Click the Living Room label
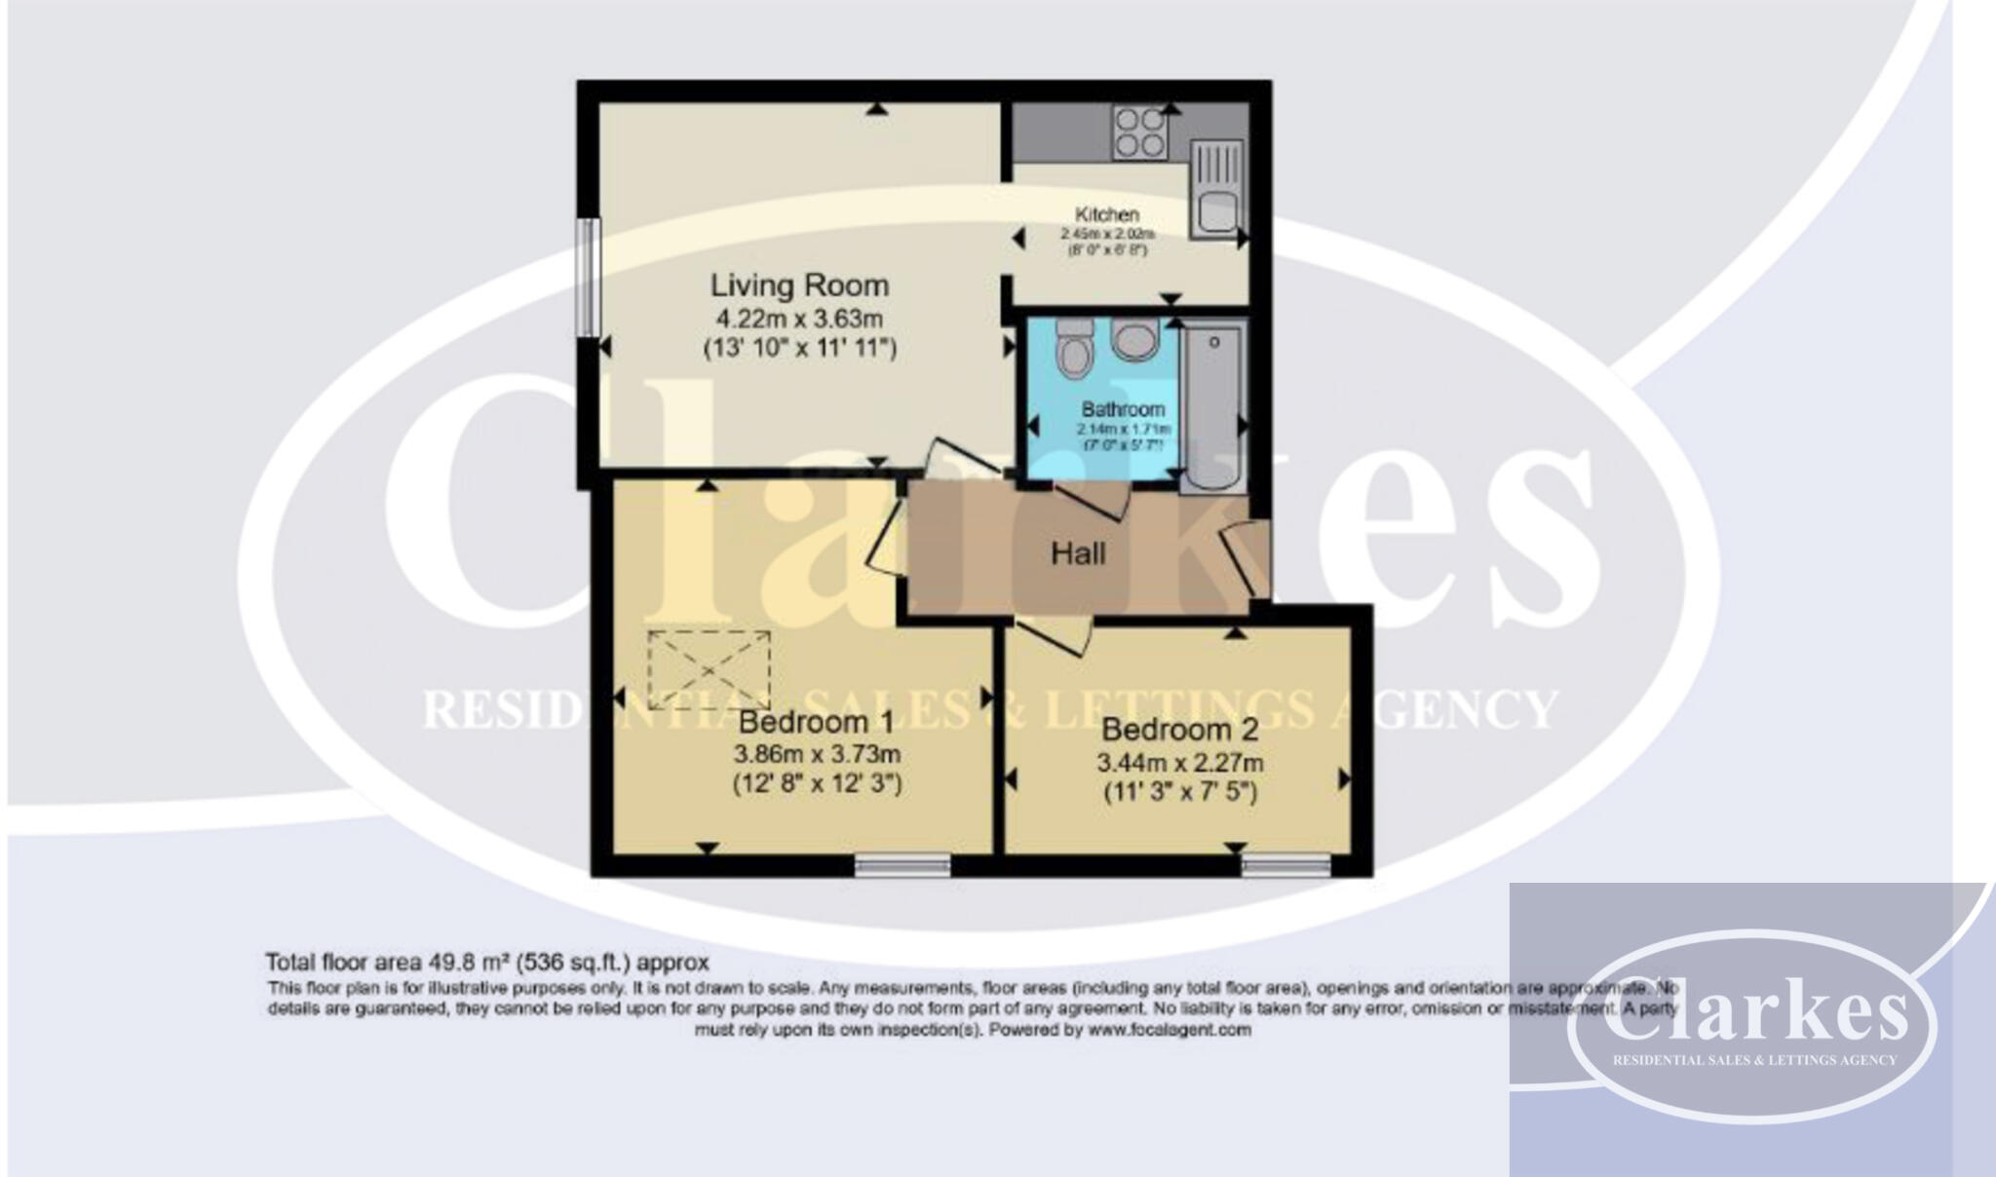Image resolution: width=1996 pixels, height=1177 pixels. click(x=799, y=285)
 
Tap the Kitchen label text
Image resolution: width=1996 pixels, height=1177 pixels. click(x=1106, y=214)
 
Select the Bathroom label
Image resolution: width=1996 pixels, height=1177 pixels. click(x=1123, y=409)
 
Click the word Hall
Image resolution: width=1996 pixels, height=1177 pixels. click(x=1078, y=553)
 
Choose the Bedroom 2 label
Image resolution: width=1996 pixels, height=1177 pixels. click(x=1179, y=729)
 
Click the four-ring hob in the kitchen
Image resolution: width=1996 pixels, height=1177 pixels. click(x=1140, y=133)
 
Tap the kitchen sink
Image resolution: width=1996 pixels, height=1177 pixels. click(x=1215, y=190)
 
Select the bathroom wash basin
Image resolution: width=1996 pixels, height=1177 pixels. click(x=1132, y=341)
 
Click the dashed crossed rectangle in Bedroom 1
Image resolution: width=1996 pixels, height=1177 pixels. click(x=709, y=669)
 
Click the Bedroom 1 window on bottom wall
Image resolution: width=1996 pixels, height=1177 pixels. click(x=902, y=865)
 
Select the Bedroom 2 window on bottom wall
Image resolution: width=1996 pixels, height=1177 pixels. click(x=1286, y=865)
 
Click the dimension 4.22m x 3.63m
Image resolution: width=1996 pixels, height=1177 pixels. click(x=799, y=318)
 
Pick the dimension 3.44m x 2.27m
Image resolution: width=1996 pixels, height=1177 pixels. click(x=1179, y=762)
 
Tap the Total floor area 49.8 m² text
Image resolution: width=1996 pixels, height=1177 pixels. click(x=487, y=963)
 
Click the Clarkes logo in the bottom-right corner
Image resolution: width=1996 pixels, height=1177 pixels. click(x=1751, y=1023)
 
